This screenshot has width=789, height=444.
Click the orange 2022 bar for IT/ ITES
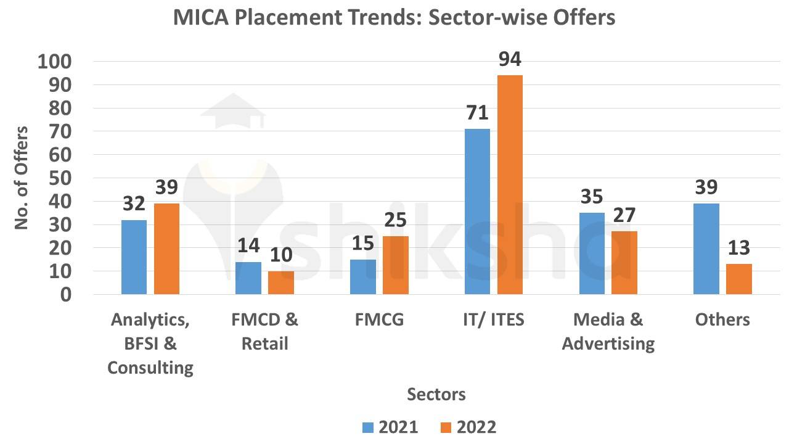tap(510, 184)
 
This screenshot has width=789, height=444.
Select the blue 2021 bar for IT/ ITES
tap(477, 212)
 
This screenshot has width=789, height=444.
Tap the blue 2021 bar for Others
tap(706, 249)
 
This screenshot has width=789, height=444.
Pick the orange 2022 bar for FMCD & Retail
tap(281, 282)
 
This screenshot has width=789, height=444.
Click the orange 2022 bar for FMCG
tap(395, 265)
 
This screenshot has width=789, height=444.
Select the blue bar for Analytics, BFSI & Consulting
tap(134, 257)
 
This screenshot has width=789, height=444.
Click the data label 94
tap(510, 59)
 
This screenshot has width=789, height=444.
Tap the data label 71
tap(476, 113)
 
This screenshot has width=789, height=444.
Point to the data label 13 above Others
tap(738, 248)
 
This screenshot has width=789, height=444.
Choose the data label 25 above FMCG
tap(395, 220)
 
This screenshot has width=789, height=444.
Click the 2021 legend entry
tap(390, 427)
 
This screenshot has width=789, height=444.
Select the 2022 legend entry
tap(468, 427)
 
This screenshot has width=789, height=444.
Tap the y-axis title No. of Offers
tap(22, 178)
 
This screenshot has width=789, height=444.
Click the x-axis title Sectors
tap(436, 394)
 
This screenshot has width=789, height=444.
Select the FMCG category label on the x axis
tap(379, 319)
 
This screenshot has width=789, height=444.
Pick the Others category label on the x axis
tap(722, 319)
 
